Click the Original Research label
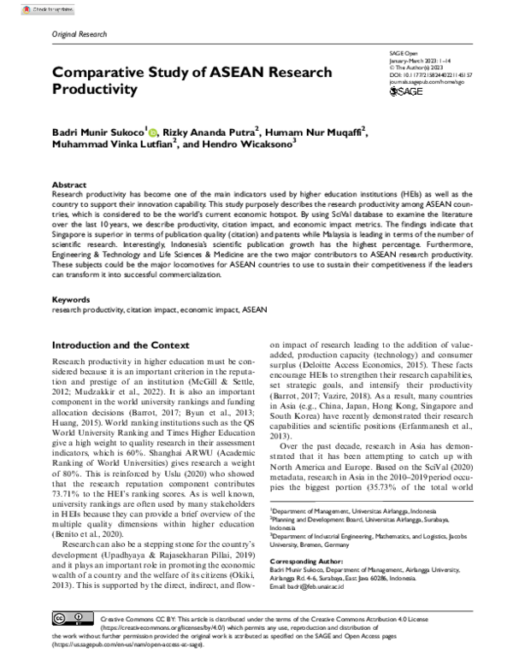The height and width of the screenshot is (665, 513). click(80, 35)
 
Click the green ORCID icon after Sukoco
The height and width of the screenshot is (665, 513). click(153, 132)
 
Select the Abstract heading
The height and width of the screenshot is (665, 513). click(69, 185)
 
